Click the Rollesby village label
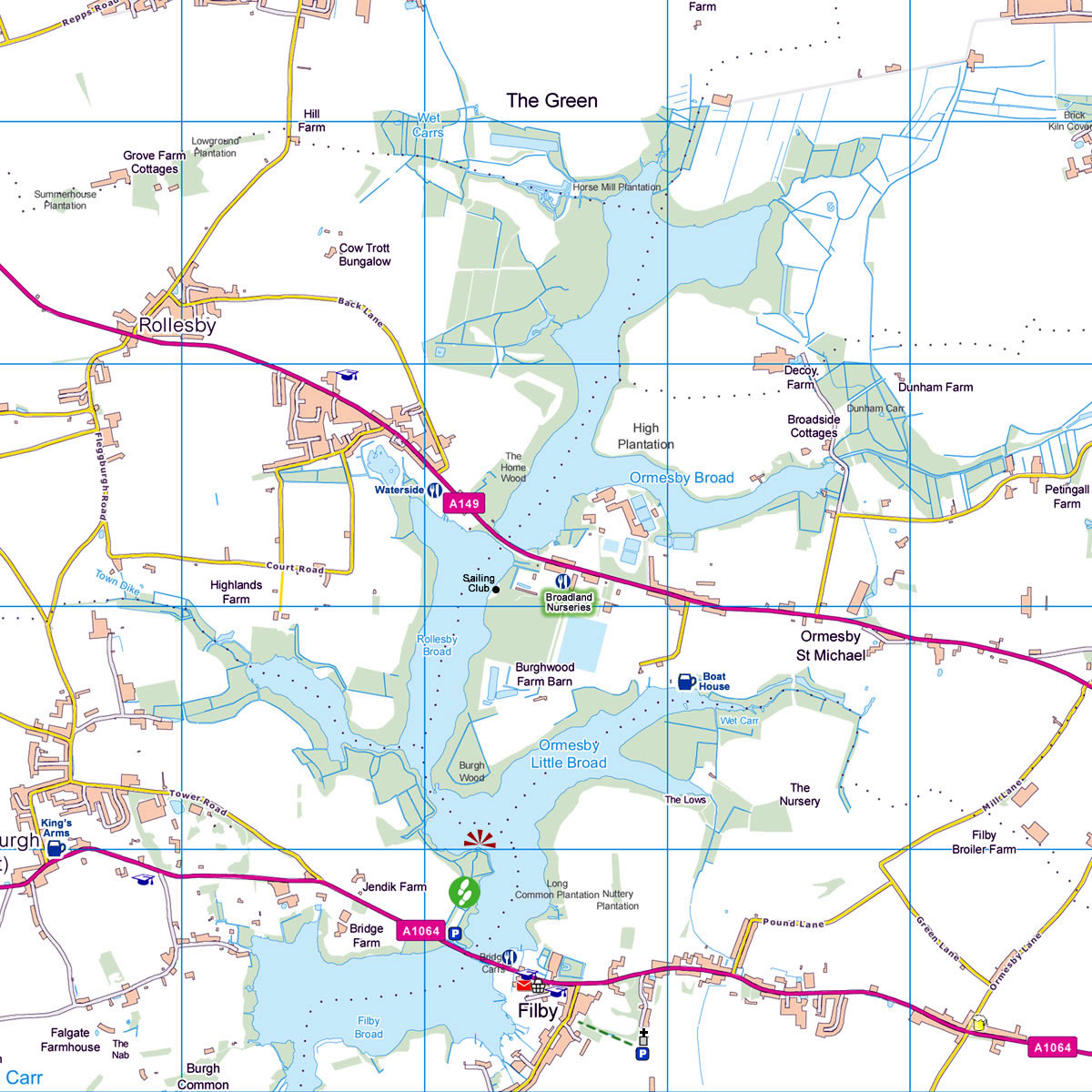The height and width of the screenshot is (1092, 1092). point(177,326)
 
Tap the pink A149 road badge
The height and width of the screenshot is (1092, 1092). point(462,502)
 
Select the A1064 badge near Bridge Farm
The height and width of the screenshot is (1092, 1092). point(420,931)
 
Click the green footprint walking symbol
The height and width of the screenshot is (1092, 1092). point(463,891)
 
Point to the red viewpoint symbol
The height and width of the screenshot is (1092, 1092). point(480,838)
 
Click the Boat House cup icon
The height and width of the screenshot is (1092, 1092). point(686,681)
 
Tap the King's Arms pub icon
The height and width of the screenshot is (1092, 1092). point(56,848)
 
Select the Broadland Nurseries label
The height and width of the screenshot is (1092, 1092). point(569,602)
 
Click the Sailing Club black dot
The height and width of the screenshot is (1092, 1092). point(496,589)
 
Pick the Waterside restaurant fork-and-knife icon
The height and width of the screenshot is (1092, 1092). point(435,490)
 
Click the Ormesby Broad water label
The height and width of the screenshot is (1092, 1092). point(682,478)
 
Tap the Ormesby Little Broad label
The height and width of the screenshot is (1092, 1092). point(569,754)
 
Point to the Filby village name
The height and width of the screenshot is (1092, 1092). point(537,1011)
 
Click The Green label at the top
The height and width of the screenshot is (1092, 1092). point(551,101)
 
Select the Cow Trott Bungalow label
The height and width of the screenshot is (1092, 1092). point(365,255)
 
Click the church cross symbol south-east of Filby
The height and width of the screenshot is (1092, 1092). point(643,1034)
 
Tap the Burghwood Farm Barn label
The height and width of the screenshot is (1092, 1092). point(544,674)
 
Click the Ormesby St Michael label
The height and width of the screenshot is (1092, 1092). point(831,646)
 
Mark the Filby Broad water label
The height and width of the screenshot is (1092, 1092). point(369,1027)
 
